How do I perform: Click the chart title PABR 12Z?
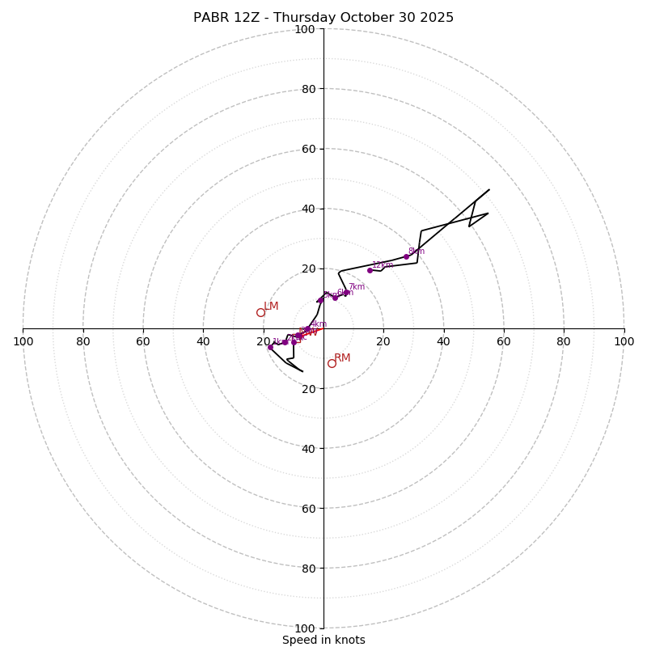(323, 18)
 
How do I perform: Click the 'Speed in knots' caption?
(323, 640)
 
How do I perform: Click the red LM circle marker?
(260, 312)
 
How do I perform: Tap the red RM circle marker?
(332, 363)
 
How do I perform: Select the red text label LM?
(271, 307)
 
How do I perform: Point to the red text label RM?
(342, 357)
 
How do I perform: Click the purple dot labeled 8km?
(406, 256)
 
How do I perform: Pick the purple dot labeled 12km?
(370, 270)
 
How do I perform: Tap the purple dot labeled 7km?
(345, 293)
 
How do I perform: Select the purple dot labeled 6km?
(335, 298)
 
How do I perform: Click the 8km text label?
(417, 252)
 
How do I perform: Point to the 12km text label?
(382, 265)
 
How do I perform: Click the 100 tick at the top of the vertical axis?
(304, 29)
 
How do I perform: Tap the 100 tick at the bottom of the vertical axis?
(304, 628)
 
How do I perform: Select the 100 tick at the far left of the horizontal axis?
(23, 341)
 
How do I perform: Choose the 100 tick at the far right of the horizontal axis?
(624, 341)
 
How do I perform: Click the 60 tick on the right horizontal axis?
(503, 341)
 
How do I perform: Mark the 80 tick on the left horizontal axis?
(83, 341)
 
